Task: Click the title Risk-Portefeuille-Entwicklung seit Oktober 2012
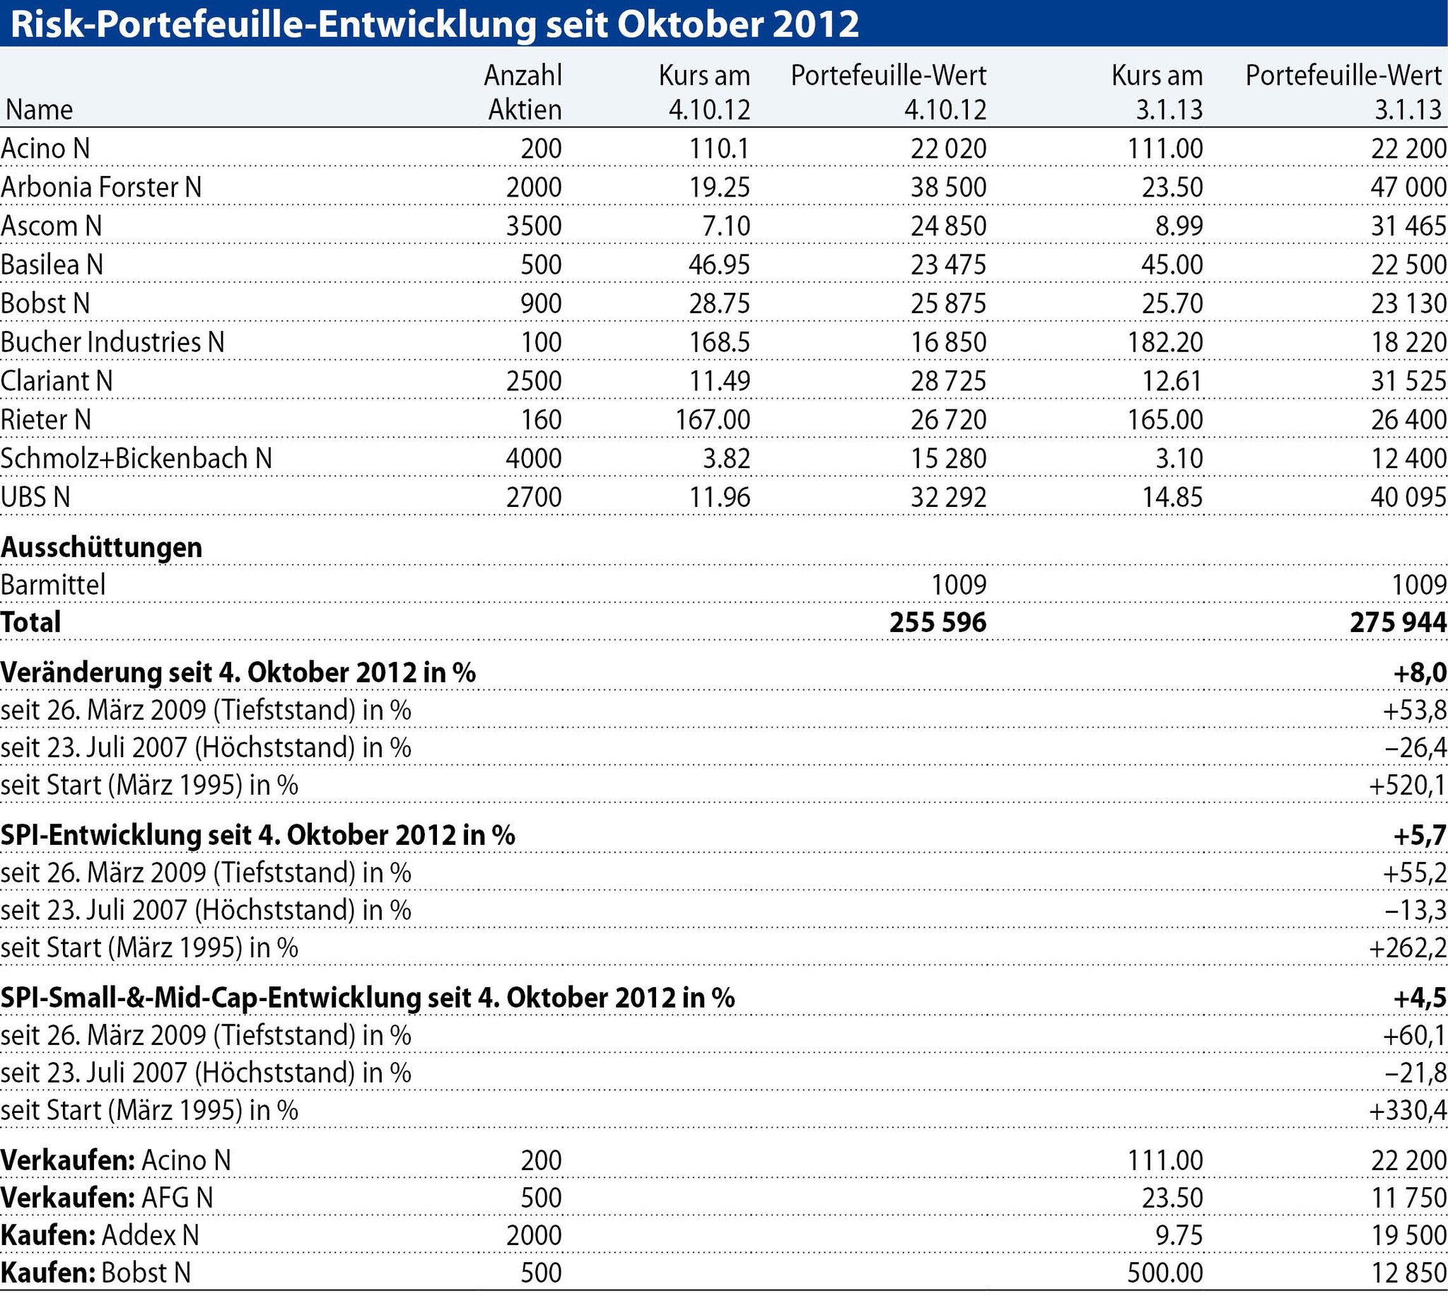pyautogui.click(x=434, y=24)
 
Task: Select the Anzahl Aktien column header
pyautogui.click(x=523, y=92)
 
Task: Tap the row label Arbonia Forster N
pyautogui.click(x=101, y=187)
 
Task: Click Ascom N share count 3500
pyautogui.click(x=534, y=226)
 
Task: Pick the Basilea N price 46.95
pyautogui.click(x=719, y=264)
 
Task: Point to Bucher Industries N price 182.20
pyautogui.click(x=1164, y=342)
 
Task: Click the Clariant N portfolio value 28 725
pyautogui.click(x=948, y=380)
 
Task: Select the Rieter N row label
pyautogui.click(x=46, y=419)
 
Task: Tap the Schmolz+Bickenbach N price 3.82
pyautogui.click(x=726, y=458)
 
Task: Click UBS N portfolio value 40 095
pyautogui.click(x=1408, y=497)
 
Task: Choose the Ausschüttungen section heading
pyautogui.click(x=101, y=547)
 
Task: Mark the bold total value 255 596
pyautogui.click(x=938, y=622)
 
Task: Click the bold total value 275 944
pyautogui.click(x=1398, y=622)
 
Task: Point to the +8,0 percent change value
pyautogui.click(x=1419, y=672)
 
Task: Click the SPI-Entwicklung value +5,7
pyautogui.click(x=1419, y=834)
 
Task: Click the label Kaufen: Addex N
pyautogui.click(x=100, y=1235)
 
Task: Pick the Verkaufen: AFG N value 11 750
pyautogui.click(x=1408, y=1197)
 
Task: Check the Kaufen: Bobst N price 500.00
pyautogui.click(x=1164, y=1272)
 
